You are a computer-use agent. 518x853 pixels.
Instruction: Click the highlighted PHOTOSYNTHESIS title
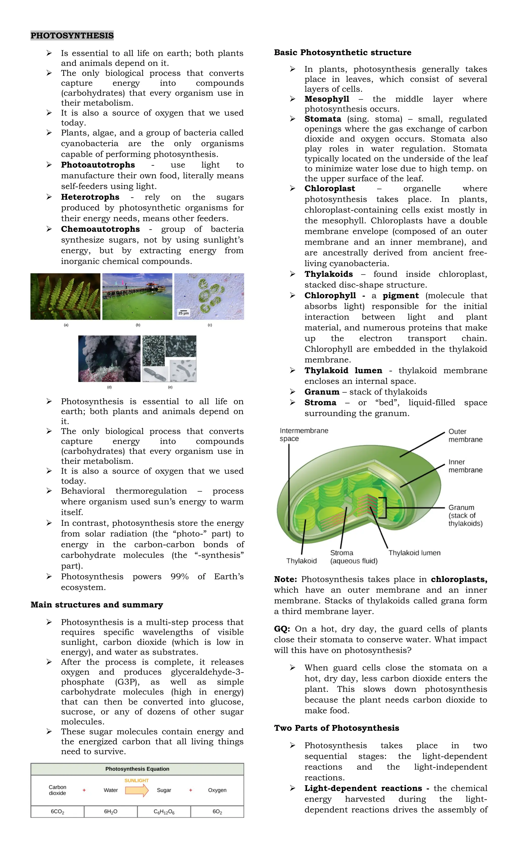(x=72, y=35)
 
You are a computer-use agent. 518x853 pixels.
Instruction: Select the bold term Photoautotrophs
(x=98, y=165)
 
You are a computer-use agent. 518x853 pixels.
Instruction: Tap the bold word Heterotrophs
(x=90, y=197)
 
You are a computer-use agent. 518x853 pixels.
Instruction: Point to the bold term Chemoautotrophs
(x=100, y=229)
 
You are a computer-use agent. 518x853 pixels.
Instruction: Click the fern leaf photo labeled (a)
(x=66, y=296)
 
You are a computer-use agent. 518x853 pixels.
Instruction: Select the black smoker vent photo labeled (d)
(x=110, y=359)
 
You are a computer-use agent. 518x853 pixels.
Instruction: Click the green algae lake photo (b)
(x=137, y=296)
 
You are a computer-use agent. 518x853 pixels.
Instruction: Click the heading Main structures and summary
(x=97, y=605)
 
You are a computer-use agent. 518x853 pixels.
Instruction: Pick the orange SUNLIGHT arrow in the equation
(x=137, y=790)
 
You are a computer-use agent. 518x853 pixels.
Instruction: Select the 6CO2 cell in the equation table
(x=57, y=812)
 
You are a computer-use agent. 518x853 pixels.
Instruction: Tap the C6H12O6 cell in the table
(x=164, y=812)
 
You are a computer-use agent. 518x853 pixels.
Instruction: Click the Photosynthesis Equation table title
(x=137, y=769)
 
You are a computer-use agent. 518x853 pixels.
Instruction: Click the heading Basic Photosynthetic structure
(x=342, y=52)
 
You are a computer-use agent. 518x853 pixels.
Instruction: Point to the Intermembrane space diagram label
(x=304, y=434)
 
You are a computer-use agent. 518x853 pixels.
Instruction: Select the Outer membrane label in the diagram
(x=465, y=435)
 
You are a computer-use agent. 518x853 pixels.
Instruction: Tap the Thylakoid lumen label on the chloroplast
(x=414, y=553)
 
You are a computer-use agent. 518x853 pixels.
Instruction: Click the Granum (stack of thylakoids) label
(x=465, y=515)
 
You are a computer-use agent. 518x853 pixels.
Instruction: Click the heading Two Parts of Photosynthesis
(x=336, y=728)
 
